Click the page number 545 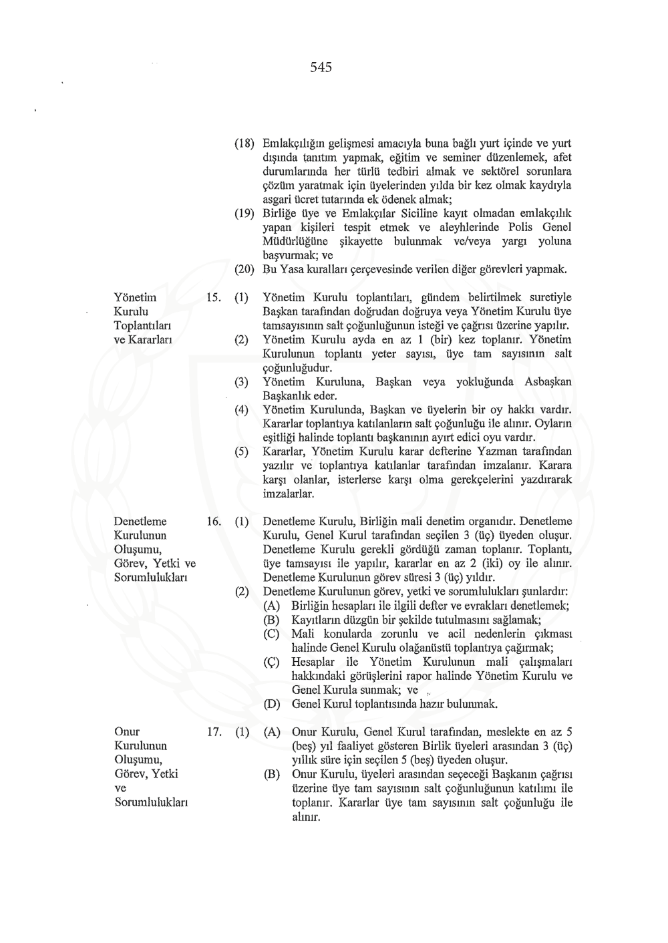click(x=321, y=67)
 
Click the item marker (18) click(x=244, y=144)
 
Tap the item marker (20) click(x=244, y=270)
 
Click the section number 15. click(x=214, y=298)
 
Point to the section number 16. click(x=214, y=522)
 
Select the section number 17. click(x=214, y=732)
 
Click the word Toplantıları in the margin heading click(x=143, y=326)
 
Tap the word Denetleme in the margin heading click(x=140, y=522)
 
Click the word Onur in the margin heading click(x=127, y=732)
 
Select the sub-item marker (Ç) click(x=271, y=662)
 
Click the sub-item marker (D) click(x=271, y=704)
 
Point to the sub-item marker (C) click(x=271, y=634)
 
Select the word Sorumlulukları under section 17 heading click(x=151, y=802)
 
